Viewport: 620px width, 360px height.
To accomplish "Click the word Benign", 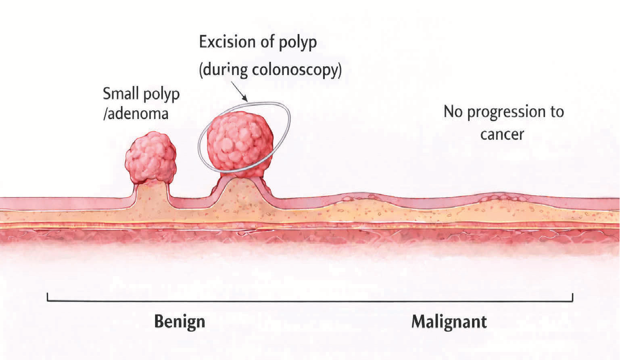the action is click(x=180, y=322).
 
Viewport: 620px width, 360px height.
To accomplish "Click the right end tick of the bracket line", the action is click(x=572, y=297).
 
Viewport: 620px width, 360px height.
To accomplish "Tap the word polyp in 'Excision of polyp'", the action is click(x=297, y=43).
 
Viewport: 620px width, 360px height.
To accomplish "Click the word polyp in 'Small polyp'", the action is click(x=161, y=95).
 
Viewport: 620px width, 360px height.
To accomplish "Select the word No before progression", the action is click(x=453, y=112).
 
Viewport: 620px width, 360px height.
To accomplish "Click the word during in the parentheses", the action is click(x=225, y=70).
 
